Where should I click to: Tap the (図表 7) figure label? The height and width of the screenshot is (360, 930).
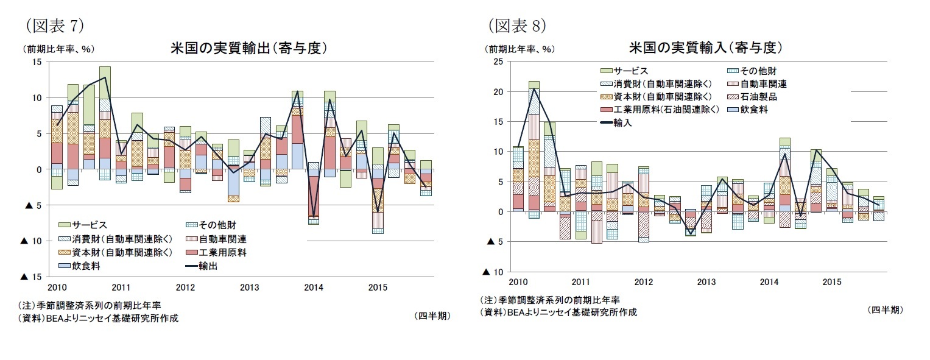pos(54,25)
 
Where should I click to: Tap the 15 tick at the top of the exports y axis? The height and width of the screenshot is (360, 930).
pos(37,62)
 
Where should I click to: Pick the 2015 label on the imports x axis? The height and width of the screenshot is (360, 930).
pos(832,282)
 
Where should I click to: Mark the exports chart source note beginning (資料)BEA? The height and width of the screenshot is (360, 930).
pos(99,318)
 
